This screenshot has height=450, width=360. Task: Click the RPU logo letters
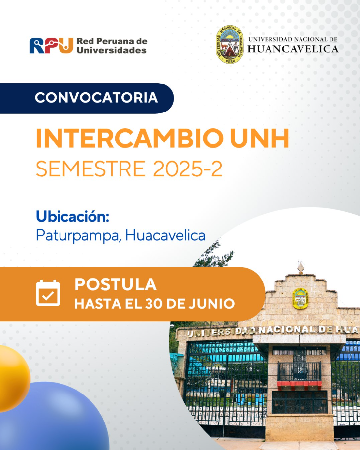(51, 45)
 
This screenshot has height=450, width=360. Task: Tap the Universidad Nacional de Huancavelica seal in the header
(230, 44)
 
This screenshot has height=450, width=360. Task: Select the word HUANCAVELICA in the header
(293, 49)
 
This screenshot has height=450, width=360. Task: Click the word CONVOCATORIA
(96, 98)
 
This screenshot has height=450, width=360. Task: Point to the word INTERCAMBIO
(130, 139)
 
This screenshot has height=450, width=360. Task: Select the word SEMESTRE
(90, 169)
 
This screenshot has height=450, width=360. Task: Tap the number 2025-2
(188, 169)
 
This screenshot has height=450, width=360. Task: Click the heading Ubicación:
(73, 216)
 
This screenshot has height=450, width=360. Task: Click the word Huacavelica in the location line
(165, 235)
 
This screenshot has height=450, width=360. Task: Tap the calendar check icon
(48, 293)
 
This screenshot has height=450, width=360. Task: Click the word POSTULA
(116, 284)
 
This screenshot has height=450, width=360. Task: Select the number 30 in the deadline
(154, 304)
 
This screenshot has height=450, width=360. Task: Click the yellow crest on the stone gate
(300, 299)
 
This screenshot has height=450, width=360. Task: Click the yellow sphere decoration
(14, 378)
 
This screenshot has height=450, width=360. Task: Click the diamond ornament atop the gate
(300, 268)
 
